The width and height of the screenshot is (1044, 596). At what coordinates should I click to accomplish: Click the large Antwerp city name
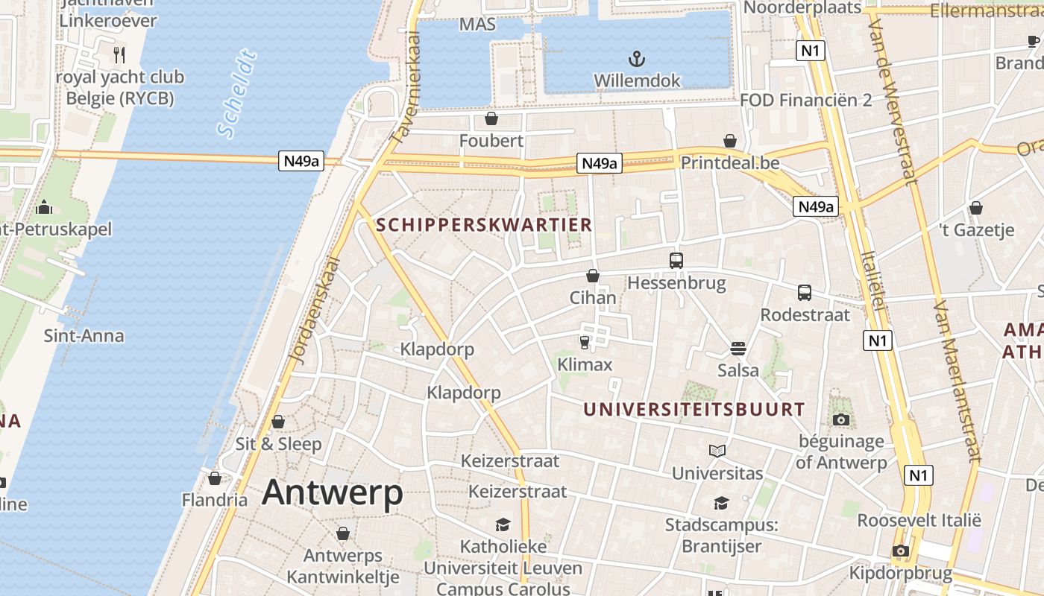pos(333,492)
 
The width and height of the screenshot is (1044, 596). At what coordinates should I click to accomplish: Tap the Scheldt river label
pos(237,95)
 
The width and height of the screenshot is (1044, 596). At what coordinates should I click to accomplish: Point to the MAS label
pos(477,25)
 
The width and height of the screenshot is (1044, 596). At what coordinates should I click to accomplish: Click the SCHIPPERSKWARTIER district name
pos(485,224)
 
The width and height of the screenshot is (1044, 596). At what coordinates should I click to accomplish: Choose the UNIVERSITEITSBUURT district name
pos(694,409)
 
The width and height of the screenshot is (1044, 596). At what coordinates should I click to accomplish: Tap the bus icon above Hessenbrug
pos(676,261)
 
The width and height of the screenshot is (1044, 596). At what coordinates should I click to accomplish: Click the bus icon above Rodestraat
pos(805,293)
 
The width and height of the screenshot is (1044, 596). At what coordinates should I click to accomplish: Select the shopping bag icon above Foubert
pos(491,118)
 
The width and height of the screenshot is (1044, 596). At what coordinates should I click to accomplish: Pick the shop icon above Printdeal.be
pos(730,141)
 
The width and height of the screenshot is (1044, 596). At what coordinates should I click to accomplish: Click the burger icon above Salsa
pos(738,349)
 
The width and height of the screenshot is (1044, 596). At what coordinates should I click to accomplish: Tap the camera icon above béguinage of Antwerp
pos(841,419)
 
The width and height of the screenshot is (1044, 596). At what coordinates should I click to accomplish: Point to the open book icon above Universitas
pos(717,451)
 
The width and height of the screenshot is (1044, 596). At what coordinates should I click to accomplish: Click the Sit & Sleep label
pos(279,444)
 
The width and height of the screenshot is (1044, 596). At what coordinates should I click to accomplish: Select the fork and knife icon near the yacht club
pos(119,54)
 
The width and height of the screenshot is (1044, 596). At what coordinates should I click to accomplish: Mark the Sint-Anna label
pos(84,336)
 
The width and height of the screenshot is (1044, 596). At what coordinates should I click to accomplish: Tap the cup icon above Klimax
pos(585,342)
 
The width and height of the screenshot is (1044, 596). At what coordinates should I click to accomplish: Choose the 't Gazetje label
pos(977,230)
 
